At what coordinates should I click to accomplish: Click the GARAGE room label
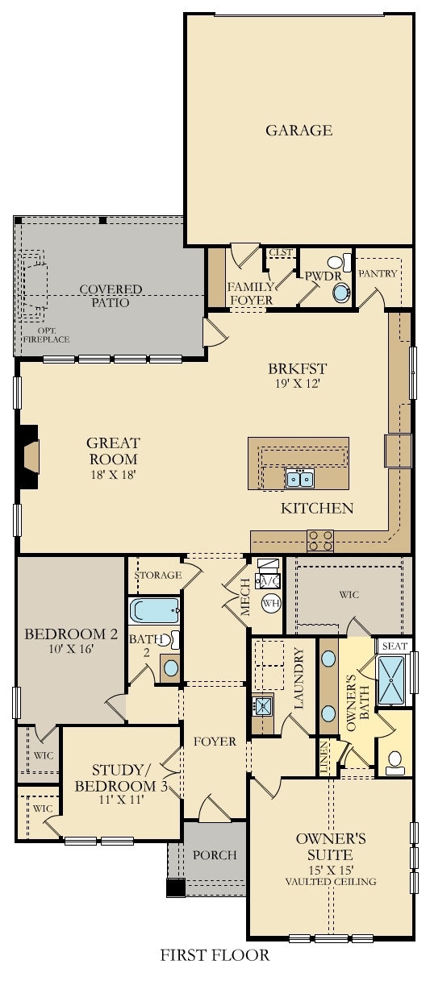[298, 130]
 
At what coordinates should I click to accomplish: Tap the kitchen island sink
[299, 480]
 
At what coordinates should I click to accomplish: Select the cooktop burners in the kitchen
[320, 540]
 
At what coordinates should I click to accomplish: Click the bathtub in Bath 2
[155, 609]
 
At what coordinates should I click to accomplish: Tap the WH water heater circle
[270, 603]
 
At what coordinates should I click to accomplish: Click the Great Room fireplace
[31, 457]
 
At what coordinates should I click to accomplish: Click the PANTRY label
[378, 273]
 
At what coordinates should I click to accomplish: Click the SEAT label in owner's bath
[394, 646]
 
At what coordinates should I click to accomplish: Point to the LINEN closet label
[324, 759]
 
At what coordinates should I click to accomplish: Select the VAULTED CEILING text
[330, 881]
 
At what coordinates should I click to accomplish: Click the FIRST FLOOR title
[214, 955]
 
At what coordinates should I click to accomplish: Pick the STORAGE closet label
[156, 575]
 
